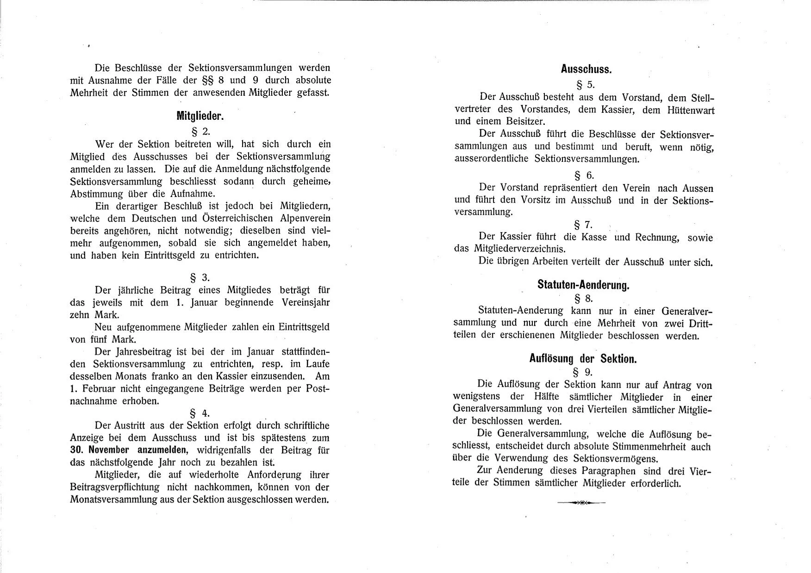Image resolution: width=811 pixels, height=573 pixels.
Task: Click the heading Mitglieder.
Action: point(200,116)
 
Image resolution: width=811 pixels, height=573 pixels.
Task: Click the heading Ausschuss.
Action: point(586,70)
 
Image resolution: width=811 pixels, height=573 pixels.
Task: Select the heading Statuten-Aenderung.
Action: point(583,285)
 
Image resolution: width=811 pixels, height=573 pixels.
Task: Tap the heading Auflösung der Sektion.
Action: point(583,358)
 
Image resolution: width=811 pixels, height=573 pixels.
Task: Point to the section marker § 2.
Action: point(200,131)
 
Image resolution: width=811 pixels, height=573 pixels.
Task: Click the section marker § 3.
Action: point(200,277)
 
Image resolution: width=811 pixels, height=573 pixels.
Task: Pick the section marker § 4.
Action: point(200,413)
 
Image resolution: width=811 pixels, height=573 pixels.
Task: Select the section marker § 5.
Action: point(584,85)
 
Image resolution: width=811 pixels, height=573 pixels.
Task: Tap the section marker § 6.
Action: point(584,175)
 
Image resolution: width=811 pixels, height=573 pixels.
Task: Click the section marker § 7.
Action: point(583,225)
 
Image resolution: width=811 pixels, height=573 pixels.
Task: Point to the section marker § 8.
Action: point(583,298)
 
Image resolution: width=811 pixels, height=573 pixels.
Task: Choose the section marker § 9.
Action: point(583,372)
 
